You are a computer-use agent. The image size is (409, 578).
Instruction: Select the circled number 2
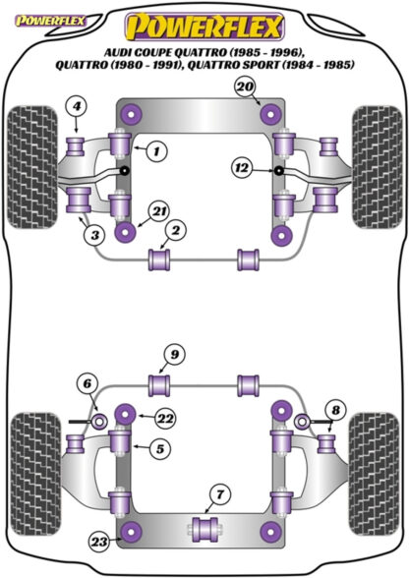click(x=173, y=231)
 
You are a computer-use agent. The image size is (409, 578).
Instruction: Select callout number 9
click(x=172, y=354)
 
